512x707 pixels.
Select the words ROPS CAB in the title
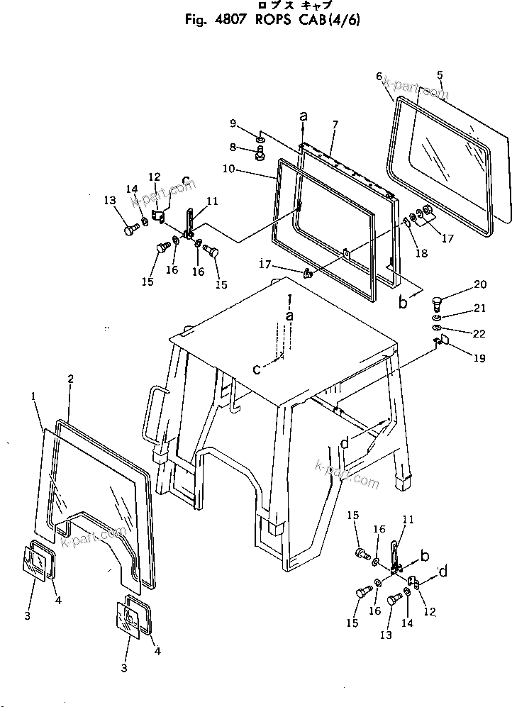(x=277, y=20)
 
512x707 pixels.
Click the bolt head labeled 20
(x=436, y=304)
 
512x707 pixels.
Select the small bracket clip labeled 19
(x=440, y=343)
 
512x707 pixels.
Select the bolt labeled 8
(x=260, y=150)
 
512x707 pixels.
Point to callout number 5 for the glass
(x=440, y=75)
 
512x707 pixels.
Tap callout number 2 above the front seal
(x=70, y=379)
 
